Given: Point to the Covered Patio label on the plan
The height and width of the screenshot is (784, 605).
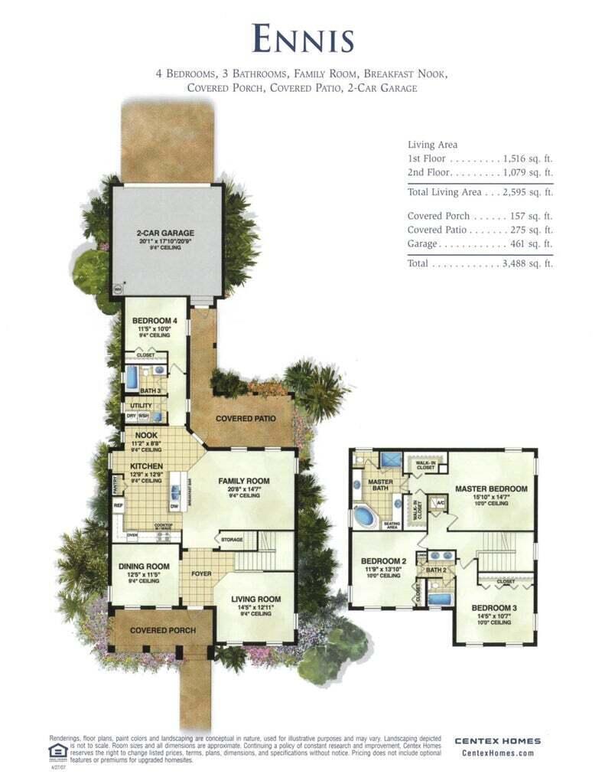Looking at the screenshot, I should [x=246, y=419].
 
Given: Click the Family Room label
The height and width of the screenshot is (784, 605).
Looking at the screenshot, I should [x=243, y=482].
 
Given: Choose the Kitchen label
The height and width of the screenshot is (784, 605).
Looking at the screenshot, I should [x=143, y=465].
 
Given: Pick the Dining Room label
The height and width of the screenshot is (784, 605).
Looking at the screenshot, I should [x=143, y=567].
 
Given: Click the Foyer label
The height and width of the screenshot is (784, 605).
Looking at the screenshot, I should [x=200, y=571].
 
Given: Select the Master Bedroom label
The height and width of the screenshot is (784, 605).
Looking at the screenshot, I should [x=491, y=488].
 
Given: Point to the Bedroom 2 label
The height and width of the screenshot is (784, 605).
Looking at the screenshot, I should [x=382, y=560].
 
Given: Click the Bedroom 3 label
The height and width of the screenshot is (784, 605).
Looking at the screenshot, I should [x=492, y=607].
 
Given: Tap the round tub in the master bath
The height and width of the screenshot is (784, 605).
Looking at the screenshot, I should [x=365, y=516].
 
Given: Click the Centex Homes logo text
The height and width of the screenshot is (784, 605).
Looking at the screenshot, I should [x=497, y=740].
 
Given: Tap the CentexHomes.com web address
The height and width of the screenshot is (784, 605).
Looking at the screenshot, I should [x=497, y=753].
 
